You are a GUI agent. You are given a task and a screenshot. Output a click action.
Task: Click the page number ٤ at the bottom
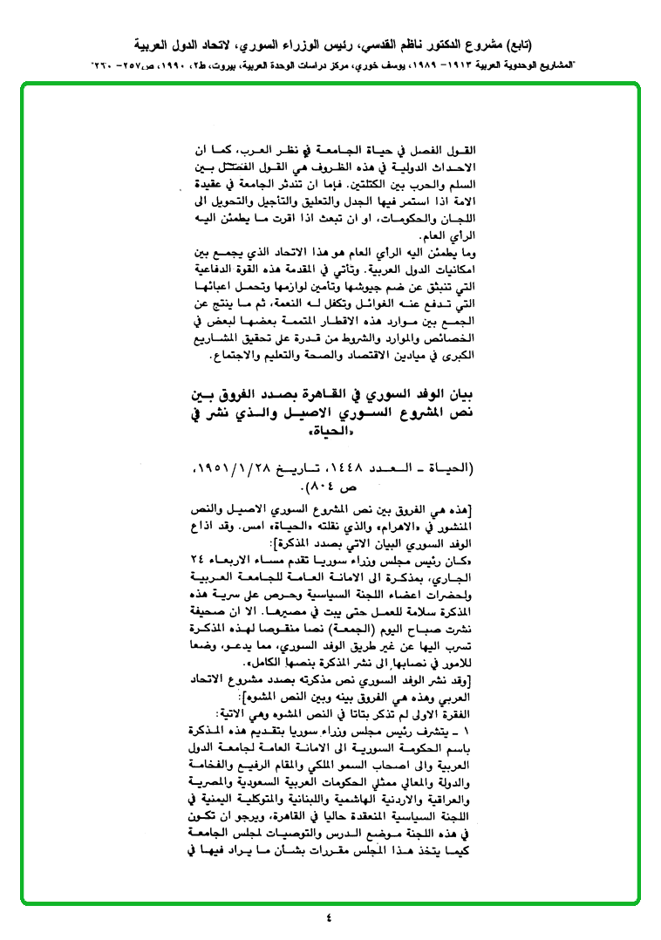click(330, 917)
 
